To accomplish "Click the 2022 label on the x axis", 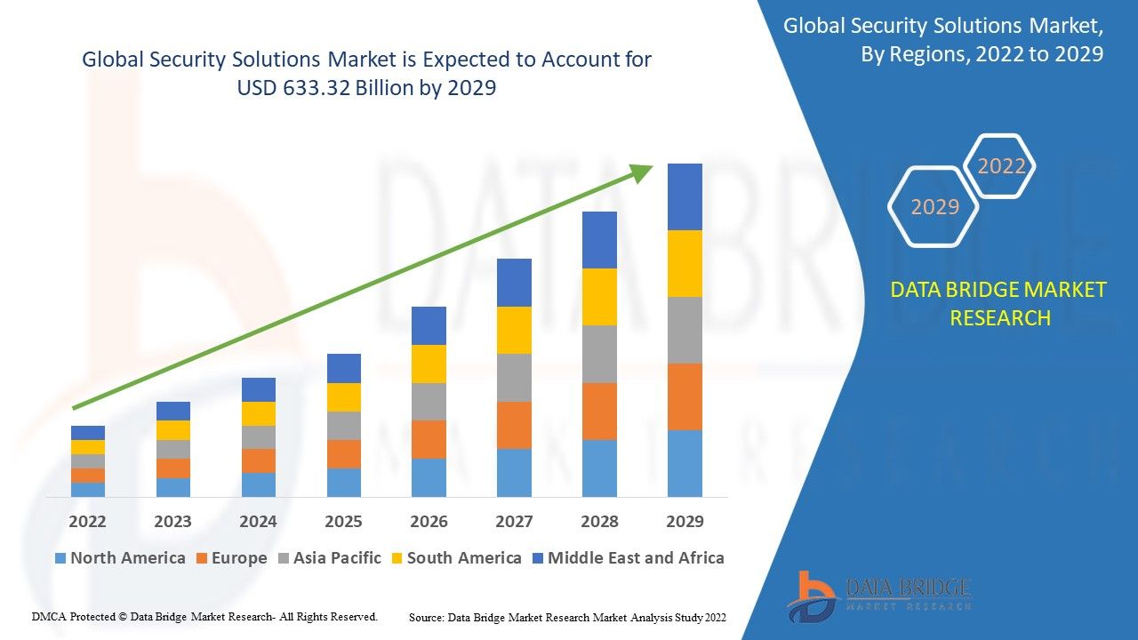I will pyautogui.click(x=87, y=521).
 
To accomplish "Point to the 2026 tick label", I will pyautogui.click(x=429, y=521).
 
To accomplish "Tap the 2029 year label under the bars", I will pyautogui.click(x=685, y=521).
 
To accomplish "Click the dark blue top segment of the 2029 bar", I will pyautogui.click(x=685, y=196).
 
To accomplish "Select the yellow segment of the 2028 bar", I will pyautogui.click(x=599, y=296).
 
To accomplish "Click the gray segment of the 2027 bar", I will pyautogui.click(x=514, y=378).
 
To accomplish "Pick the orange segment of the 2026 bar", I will pyautogui.click(x=429, y=439).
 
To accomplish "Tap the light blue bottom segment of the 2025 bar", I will pyautogui.click(x=343, y=482).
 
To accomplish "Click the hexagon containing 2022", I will pyautogui.click(x=1001, y=166).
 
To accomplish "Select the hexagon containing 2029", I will pyautogui.click(x=934, y=206).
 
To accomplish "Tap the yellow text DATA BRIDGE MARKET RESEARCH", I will pyautogui.click(x=999, y=303).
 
